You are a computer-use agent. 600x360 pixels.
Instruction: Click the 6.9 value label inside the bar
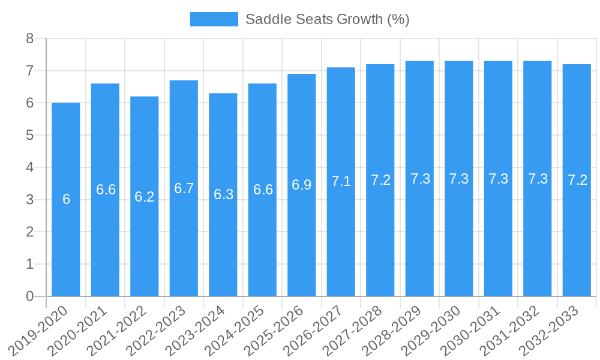click(x=302, y=185)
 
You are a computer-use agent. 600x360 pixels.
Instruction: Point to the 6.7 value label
click(x=184, y=188)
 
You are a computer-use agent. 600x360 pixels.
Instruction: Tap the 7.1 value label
click(x=341, y=181)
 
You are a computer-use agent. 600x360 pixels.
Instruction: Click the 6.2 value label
click(x=145, y=197)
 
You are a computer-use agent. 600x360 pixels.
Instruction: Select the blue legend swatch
click(x=214, y=19)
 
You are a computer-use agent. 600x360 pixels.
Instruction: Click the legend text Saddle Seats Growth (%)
click(x=327, y=19)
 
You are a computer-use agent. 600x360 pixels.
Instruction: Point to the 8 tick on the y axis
click(x=30, y=39)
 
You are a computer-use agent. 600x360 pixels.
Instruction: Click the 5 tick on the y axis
click(x=30, y=136)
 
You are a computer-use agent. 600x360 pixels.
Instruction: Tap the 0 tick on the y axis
click(x=30, y=296)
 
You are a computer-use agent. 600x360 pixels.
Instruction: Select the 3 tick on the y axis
click(x=30, y=200)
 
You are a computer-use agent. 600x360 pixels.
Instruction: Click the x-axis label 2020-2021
click(x=78, y=331)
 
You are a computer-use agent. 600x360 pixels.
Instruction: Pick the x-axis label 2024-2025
click(x=235, y=331)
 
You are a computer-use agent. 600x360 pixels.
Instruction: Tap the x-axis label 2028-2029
click(x=392, y=331)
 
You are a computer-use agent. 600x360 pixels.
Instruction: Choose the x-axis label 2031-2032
click(x=510, y=331)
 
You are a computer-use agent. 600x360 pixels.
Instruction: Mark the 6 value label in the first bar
click(x=66, y=199)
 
